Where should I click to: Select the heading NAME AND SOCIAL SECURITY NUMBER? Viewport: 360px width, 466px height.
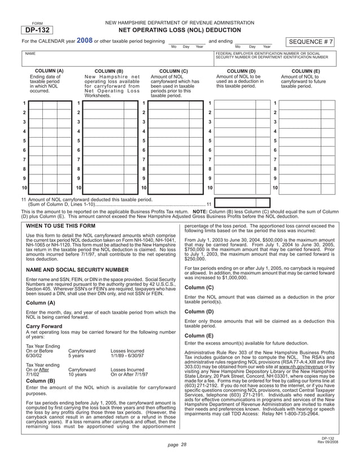coord(78,270)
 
